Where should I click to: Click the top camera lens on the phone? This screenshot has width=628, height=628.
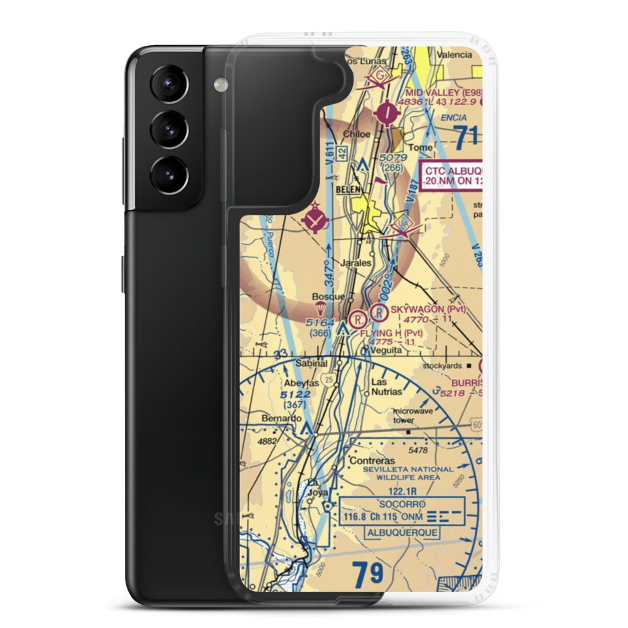tap(168, 85)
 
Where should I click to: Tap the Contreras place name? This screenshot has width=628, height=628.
tap(371, 460)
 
